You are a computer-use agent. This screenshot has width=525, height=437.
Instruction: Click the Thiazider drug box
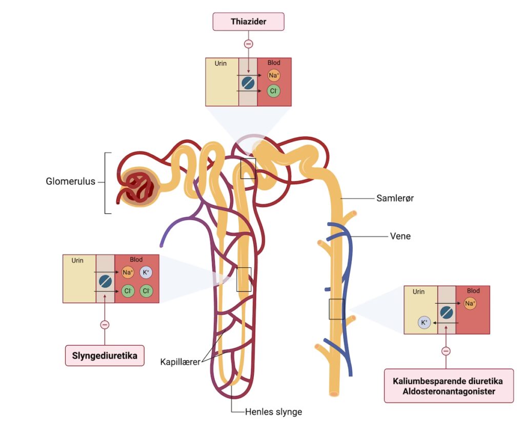point(248,22)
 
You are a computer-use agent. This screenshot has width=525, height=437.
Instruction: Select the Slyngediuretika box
point(105,355)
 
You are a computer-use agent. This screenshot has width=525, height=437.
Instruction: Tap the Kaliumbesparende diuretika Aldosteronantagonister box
point(448,386)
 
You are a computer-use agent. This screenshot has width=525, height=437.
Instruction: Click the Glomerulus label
point(70,181)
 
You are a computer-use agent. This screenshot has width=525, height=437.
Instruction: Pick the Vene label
point(400,236)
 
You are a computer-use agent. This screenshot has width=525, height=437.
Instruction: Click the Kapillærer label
point(179,362)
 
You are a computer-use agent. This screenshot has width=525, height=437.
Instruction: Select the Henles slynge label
point(273,411)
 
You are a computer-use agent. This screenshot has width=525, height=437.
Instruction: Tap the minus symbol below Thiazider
point(248,44)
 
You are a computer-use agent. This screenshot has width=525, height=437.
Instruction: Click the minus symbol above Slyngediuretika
point(105,324)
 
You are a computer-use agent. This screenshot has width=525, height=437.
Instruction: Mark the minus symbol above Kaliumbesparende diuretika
point(446,351)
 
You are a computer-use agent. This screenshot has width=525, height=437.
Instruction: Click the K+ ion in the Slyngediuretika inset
point(146,272)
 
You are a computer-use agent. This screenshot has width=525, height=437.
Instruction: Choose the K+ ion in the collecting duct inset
point(424,323)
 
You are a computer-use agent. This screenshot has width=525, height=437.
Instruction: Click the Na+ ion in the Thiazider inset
point(274,76)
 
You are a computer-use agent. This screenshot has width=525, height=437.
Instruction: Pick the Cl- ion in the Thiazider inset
point(274,91)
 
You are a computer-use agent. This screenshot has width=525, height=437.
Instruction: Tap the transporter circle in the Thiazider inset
point(248,83)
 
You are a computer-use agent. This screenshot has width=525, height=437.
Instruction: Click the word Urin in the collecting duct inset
point(418,292)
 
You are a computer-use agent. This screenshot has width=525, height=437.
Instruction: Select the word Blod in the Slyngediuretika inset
point(136,260)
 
